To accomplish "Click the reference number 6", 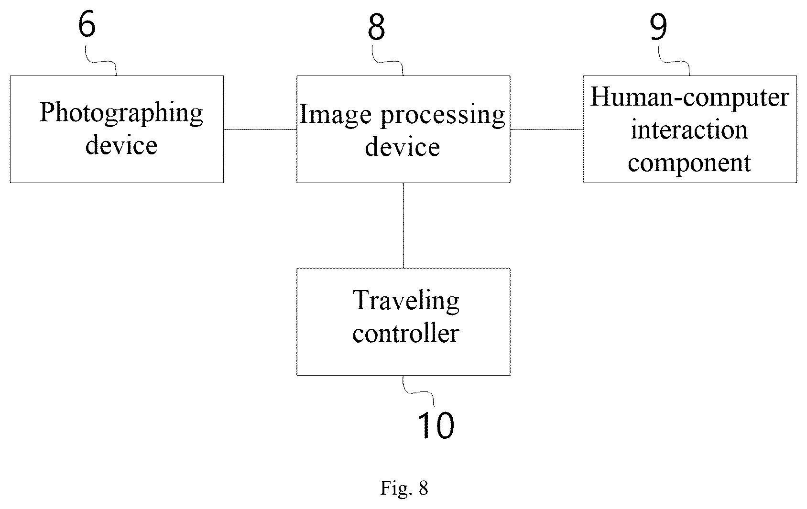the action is coord(87,24).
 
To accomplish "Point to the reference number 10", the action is coord(436,425).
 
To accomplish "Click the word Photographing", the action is coord(121,113).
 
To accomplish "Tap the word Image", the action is coord(336,115).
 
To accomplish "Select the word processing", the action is coord(443,115).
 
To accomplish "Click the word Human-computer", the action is coord(689,97).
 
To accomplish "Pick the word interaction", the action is coord(689,130).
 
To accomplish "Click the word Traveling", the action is coord(406,301).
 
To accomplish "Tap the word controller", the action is coord(406,333).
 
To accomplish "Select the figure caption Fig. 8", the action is coord(404,488).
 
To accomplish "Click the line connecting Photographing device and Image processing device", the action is coord(260,130).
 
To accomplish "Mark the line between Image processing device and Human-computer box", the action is coord(546,130).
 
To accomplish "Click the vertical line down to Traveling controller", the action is coord(403,226).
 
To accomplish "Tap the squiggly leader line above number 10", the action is coord(418,391).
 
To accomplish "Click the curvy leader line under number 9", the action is coord(674,61).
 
